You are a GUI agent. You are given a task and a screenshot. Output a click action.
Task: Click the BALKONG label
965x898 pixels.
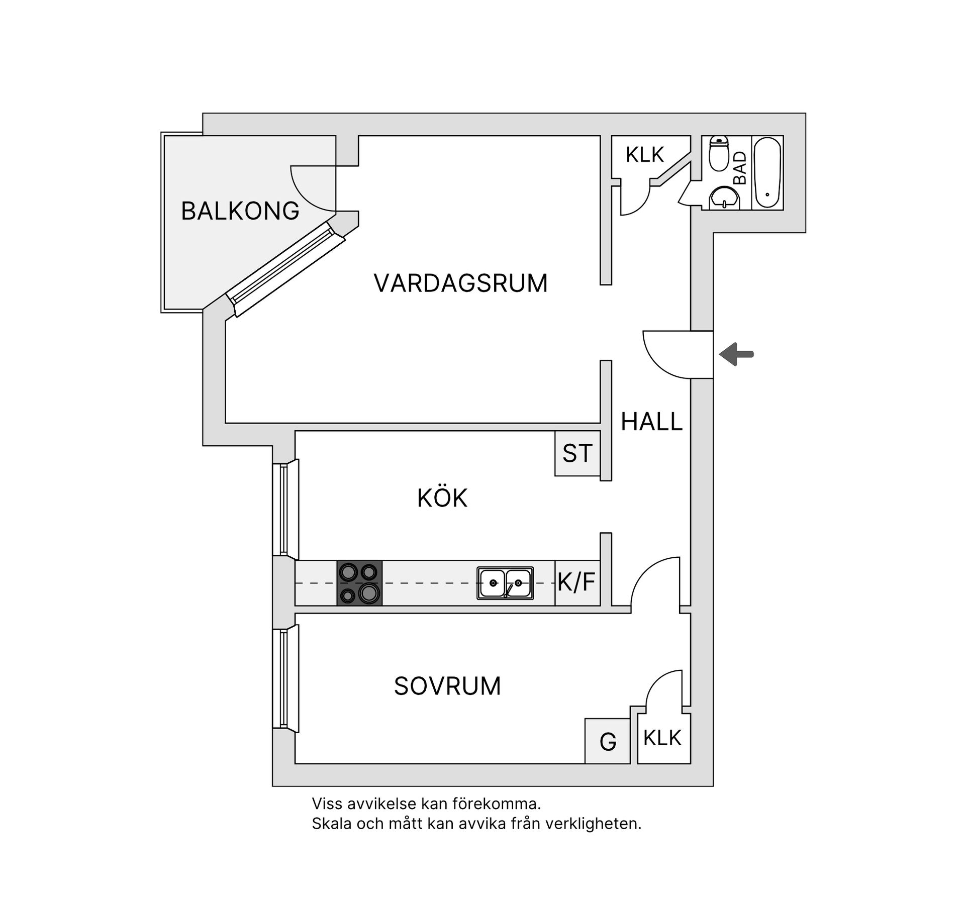click(x=240, y=211)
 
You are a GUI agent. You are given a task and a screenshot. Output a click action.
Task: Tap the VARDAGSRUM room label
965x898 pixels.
click(x=460, y=283)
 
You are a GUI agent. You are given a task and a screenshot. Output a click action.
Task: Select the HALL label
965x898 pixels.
click(x=651, y=422)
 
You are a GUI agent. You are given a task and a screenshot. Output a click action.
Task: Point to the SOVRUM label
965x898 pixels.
click(x=447, y=686)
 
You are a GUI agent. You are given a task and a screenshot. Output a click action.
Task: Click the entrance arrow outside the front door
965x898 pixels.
click(x=736, y=354)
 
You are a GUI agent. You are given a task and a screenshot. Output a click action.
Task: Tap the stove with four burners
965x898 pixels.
click(x=359, y=583)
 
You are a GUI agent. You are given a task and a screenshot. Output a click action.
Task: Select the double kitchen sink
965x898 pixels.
click(x=505, y=583)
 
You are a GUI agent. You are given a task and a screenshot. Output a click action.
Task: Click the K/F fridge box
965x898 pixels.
click(x=577, y=583)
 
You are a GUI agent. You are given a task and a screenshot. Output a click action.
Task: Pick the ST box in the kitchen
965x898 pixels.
click(x=577, y=453)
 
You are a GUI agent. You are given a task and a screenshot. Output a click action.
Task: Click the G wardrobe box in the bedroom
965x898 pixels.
click(x=608, y=741)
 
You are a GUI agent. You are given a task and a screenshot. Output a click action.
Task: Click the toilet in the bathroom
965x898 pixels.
click(x=719, y=154)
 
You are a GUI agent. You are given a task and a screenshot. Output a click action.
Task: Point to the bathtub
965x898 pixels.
click(x=767, y=173)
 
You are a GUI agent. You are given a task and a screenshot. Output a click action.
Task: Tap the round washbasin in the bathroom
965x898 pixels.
click(x=724, y=197)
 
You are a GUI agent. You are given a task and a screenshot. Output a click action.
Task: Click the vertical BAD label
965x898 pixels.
click(x=740, y=168)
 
